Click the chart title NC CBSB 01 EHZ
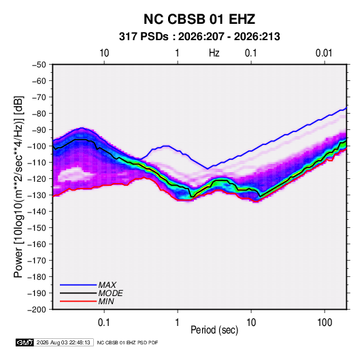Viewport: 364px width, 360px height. (x=199, y=19)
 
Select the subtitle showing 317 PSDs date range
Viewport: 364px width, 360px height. (x=199, y=37)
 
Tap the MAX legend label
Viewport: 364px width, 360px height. (x=107, y=285)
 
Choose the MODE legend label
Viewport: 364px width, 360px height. (x=110, y=293)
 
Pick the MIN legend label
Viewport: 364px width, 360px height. (x=106, y=301)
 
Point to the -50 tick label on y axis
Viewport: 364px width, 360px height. (x=39, y=65)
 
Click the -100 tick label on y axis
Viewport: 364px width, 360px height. (x=37, y=146)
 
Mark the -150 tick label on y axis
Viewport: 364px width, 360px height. (x=37, y=228)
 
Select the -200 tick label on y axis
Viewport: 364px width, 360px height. (x=37, y=310)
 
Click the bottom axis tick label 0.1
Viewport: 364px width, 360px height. (x=104, y=323)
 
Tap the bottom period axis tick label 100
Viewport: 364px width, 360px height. (x=325, y=323)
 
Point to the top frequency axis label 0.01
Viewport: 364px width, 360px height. (x=324, y=53)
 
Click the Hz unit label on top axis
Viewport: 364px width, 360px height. (x=214, y=53)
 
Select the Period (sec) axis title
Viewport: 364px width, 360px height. (x=214, y=330)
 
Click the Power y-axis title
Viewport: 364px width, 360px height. (x=18, y=186)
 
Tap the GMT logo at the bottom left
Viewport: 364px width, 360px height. (x=25, y=342)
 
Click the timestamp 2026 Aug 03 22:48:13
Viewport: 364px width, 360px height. (x=63, y=342)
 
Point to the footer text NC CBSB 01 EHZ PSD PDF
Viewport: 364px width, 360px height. (x=127, y=342)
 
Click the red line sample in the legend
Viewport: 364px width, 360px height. (x=78, y=301)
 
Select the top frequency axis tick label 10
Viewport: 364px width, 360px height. (x=104, y=53)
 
